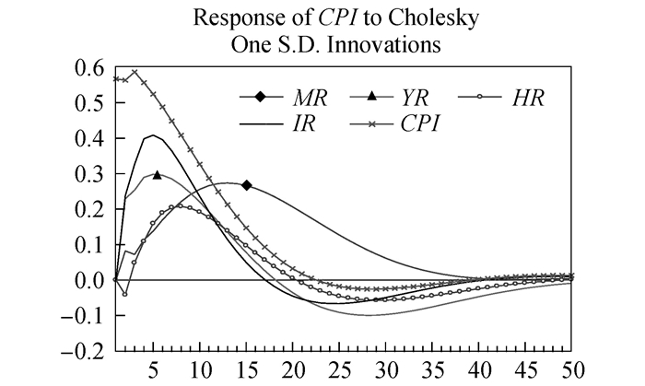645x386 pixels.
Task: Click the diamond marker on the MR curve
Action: [247, 185]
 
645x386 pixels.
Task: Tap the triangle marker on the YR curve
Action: [157, 174]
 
